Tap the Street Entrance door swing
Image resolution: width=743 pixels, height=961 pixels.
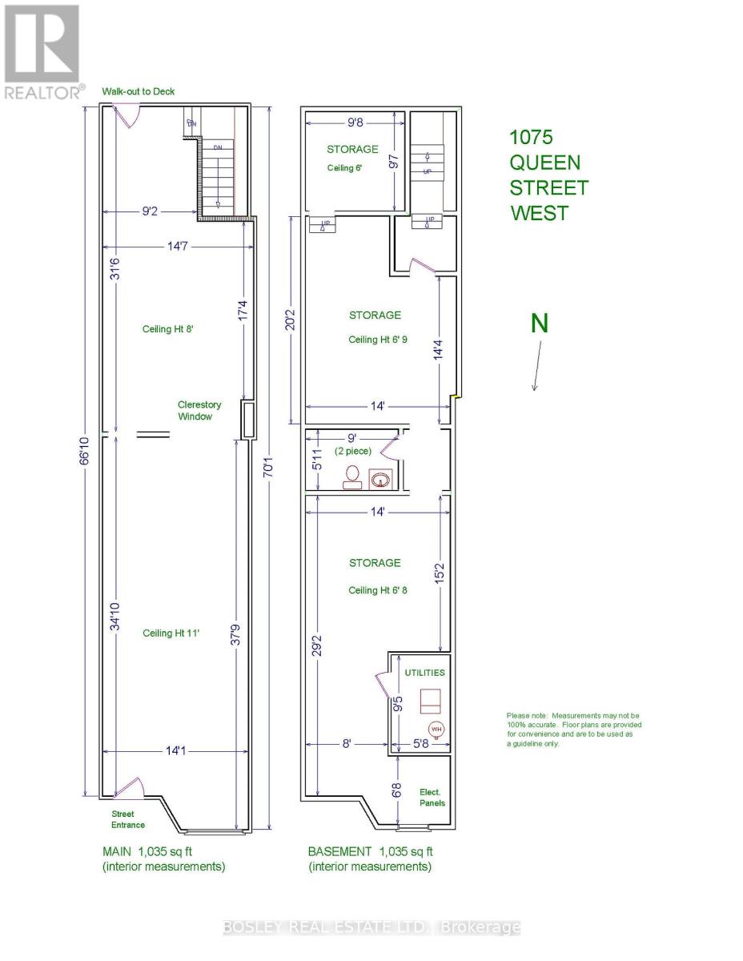tap(131, 786)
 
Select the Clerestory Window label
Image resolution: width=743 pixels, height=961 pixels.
tap(199, 410)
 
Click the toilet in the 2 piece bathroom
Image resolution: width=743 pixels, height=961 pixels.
tap(351, 476)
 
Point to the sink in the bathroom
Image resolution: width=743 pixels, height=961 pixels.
tap(380, 478)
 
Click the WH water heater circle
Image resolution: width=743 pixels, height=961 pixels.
tap(436, 729)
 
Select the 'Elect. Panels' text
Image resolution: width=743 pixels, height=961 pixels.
tap(432, 797)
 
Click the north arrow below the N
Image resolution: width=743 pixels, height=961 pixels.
tap(536, 365)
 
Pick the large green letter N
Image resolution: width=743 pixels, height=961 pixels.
tap(540, 323)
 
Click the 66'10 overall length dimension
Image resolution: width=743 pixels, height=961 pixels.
tap(86, 452)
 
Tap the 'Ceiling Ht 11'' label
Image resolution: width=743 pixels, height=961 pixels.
tap(171, 633)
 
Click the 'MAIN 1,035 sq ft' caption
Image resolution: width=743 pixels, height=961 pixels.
tap(163, 851)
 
